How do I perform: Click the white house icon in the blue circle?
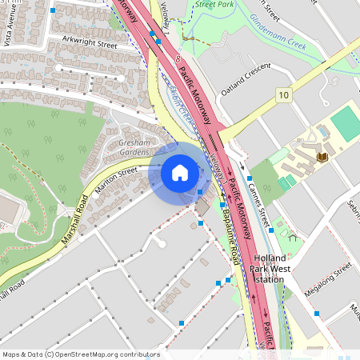pos(180,173)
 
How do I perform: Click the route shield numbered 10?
pos(283,95)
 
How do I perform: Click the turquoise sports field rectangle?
pos(346,123)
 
